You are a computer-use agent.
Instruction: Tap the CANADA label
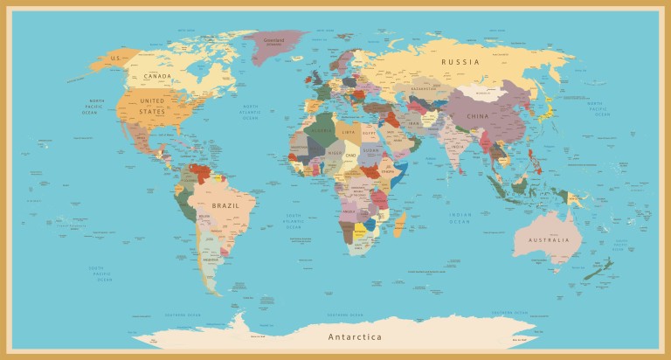pos(157,77)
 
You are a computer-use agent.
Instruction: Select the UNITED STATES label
pos(152,106)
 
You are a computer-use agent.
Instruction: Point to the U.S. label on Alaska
pos(114,59)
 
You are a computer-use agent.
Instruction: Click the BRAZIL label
pos(225,205)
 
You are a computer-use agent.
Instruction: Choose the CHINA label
pos(478,116)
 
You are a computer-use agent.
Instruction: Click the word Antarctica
pos(355,336)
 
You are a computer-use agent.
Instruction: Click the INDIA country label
pos(457,147)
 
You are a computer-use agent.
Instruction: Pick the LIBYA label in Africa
pos(349,132)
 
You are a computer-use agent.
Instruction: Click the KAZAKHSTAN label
pos(423,89)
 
